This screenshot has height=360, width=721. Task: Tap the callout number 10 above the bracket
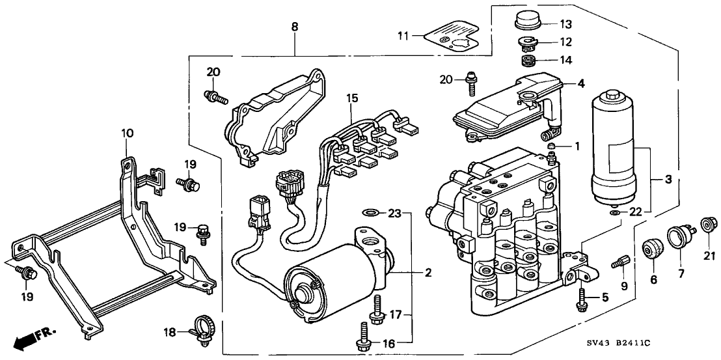tap(128, 133)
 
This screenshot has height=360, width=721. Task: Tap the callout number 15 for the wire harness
tap(352, 98)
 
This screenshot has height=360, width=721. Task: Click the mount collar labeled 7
tap(681, 236)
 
